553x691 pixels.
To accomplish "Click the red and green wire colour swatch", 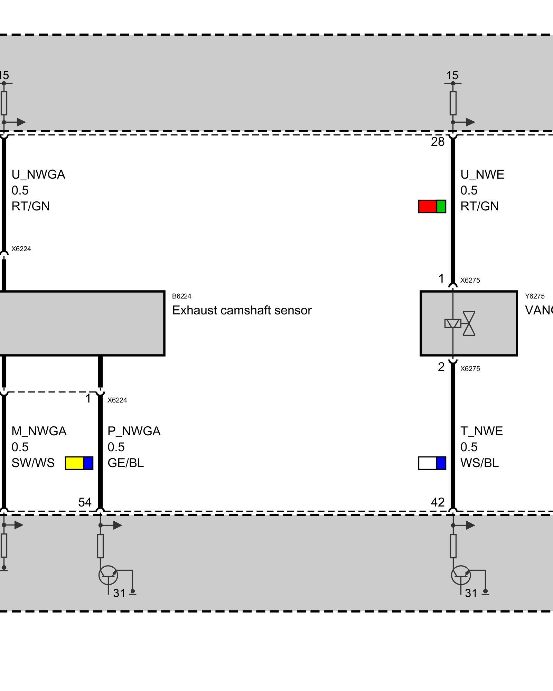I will (432, 206).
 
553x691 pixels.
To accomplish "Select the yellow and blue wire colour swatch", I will (79, 463).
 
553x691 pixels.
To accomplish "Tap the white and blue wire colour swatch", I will (432, 463).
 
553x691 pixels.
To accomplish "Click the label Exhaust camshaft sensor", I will (242, 310).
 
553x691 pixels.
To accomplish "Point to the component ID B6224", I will (181, 296).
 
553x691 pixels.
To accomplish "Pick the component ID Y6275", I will (535, 296).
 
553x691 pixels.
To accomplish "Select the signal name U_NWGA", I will (38, 174).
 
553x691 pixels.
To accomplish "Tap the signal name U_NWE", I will (482, 174).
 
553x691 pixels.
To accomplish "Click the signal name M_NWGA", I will (39, 431).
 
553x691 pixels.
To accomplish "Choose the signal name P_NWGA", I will (134, 431).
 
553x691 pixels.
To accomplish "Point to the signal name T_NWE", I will (481, 431).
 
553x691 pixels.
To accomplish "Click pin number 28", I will (438, 142).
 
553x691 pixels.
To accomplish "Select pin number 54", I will (85, 502).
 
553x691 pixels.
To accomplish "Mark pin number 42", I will (438, 502).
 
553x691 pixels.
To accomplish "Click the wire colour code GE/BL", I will (125, 463).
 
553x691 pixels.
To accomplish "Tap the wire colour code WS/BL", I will (479, 463).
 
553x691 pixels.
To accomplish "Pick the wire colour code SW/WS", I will (33, 463).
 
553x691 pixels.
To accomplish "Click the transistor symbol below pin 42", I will (461, 575).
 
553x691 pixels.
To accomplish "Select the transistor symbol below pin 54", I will (108, 575).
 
